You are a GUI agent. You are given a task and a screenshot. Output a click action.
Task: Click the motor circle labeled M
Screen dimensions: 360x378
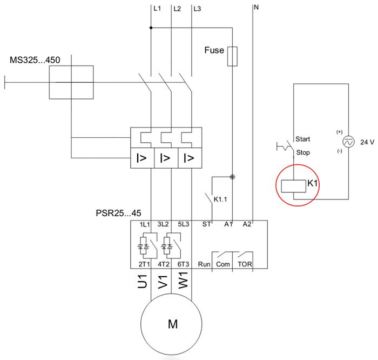(x=173, y=324)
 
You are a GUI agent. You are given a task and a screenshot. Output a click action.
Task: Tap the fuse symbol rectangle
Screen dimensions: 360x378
(x=233, y=56)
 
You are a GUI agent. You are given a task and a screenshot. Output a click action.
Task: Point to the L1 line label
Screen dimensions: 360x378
(x=157, y=9)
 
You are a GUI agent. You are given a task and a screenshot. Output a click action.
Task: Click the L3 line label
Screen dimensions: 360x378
(x=197, y=9)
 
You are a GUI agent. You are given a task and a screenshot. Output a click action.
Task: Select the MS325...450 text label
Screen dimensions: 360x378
(x=35, y=59)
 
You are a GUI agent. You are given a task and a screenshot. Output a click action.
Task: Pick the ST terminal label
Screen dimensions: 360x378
(x=206, y=224)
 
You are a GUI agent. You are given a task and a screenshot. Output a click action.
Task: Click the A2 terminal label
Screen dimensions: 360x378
(x=247, y=224)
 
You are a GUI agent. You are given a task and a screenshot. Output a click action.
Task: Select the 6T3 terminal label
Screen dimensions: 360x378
(x=184, y=264)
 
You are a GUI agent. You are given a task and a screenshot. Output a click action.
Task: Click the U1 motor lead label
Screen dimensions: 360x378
(x=143, y=283)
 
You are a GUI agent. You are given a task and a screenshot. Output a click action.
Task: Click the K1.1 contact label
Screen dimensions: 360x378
(x=221, y=199)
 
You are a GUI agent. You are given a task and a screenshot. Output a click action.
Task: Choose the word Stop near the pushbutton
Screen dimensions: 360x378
(x=303, y=152)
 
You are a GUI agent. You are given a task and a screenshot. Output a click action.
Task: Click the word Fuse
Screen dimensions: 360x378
(x=214, y=50)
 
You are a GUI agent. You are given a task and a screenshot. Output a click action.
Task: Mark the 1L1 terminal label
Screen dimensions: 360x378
(x=144, y=224)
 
